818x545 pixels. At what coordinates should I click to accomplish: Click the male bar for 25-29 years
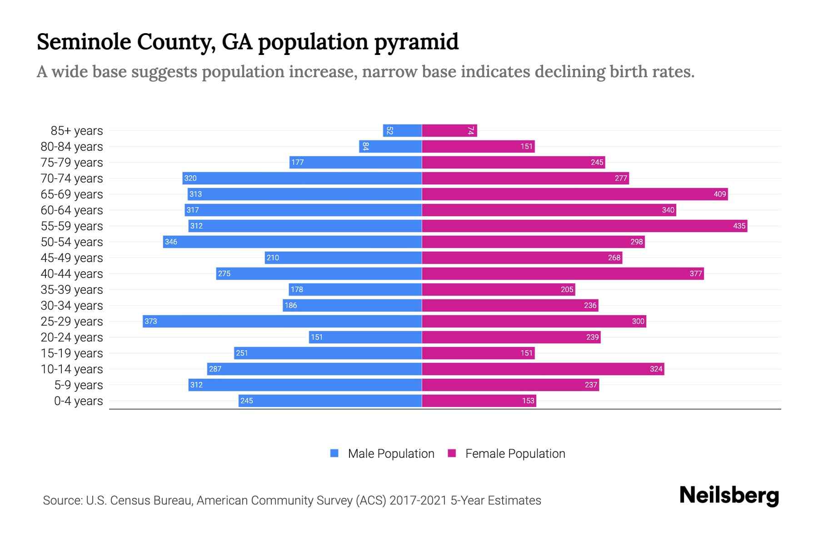[x=282, y=321]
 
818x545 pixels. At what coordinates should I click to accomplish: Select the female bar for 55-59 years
[x=584, y=226]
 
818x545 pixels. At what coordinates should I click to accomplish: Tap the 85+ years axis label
[x=77, y=131]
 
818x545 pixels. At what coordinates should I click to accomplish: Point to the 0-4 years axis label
[x=78, y=401]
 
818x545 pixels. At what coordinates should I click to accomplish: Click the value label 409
[x=719, y=194]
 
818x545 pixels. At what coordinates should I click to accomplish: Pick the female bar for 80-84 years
[x=478, y=146]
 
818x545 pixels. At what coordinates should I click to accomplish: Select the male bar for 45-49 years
[x=343, y=258]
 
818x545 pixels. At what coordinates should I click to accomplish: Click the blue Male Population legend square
[x=334, y=453]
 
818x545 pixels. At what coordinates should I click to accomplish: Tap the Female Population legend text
[x=515, y=453]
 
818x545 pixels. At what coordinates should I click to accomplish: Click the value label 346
[x=171, y=242]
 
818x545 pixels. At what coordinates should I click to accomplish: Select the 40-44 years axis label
[x=72, y=274]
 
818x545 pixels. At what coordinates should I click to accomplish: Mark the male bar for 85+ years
[x=402, y=130]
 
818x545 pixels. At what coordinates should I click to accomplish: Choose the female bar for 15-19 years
[x=478, y=353]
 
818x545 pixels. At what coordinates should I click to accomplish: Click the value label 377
[x=695, y=273]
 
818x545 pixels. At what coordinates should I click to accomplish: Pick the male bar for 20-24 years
[x=365, y=337]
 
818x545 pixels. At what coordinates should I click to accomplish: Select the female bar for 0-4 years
[x=479, y=401]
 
